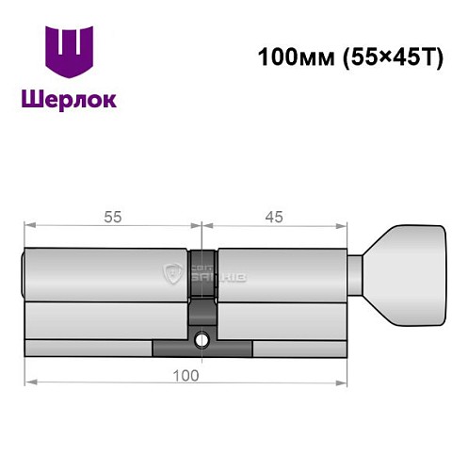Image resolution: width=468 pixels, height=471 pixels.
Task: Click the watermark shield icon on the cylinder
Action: point(173,275)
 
